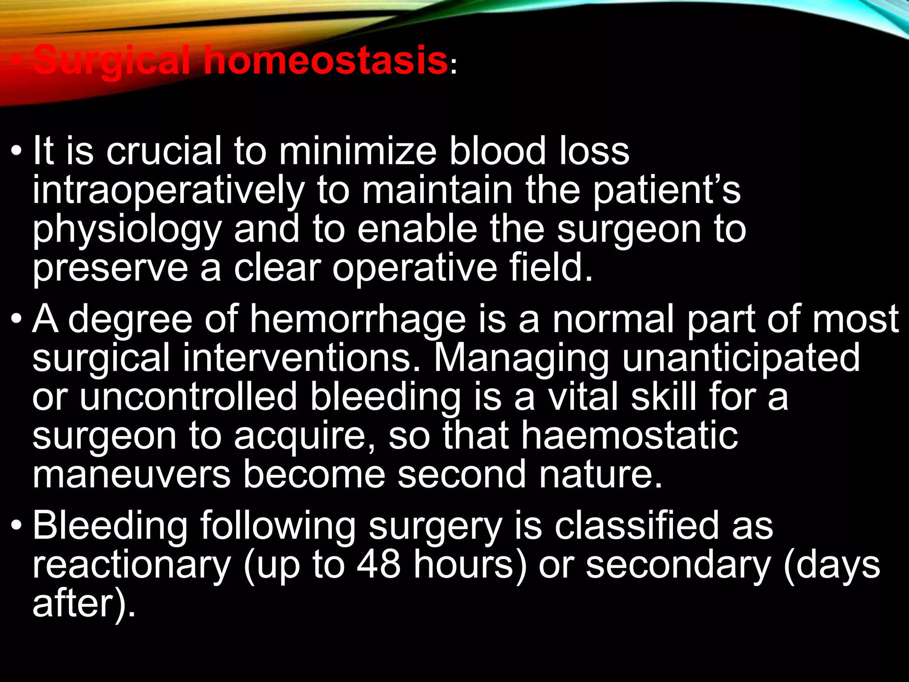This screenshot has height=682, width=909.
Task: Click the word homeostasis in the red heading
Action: point(325,61)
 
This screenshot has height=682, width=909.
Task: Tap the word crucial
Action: point(163,151)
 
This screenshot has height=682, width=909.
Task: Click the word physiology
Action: point(127,230)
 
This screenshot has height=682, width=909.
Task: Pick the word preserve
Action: point(110,268)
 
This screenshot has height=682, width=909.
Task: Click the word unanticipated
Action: point(741,357)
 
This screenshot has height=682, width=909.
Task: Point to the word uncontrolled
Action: point(188,396)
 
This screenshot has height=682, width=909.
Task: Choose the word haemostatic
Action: point(629,435)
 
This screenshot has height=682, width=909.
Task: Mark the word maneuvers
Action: point(131,474)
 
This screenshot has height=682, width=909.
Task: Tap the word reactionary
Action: point(131,565)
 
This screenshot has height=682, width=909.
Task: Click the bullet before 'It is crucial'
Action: point(16,152)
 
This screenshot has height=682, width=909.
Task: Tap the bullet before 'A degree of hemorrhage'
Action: point(16,320)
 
